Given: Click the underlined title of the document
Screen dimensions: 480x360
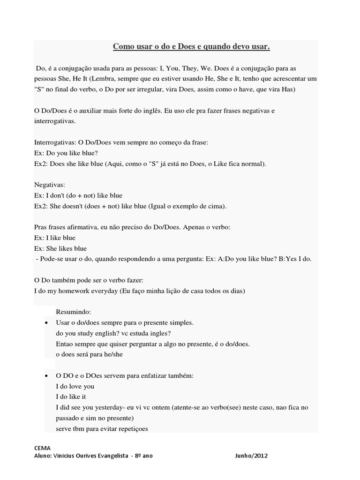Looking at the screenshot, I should (x=192, y=47).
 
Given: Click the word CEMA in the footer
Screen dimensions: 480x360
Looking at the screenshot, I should (x=43, y=448).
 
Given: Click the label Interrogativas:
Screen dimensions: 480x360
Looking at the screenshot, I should (x=54, y=142).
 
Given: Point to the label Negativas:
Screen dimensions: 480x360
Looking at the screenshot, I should (x=50, y=185).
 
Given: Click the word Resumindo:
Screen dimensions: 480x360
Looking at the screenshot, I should (x=74, y=312).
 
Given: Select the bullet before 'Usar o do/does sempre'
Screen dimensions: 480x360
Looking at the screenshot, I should (x=46, y=323).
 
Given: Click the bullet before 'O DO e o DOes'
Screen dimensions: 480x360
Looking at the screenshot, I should (x=46, y=376).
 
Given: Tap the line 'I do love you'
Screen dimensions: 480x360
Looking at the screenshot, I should (x=75, y=386).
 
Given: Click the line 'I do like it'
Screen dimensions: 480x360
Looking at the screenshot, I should (x=71, y=397).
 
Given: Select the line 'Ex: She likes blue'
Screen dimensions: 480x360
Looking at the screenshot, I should (x=60, y=248).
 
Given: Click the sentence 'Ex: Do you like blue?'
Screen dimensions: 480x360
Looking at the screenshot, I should (x=66, y=152).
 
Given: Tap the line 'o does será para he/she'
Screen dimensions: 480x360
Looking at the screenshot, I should (x=89, y=354).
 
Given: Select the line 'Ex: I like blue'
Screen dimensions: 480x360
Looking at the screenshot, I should (x=55, y=238).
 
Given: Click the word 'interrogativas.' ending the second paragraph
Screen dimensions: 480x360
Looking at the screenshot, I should (x=54, y=120).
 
